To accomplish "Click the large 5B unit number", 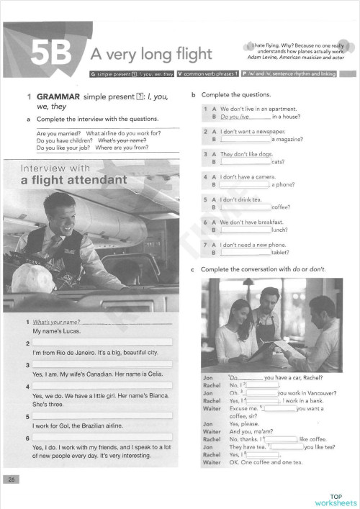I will [x=51, y=53].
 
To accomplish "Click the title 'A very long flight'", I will [x=150, y=54].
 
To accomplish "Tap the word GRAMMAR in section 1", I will [x=57, y=96].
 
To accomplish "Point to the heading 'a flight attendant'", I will [x=73, y=180].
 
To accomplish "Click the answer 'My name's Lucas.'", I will [x=56, y=331].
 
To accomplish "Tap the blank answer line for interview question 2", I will [x=101, y=342].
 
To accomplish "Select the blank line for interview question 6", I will [x=101, y=437].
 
